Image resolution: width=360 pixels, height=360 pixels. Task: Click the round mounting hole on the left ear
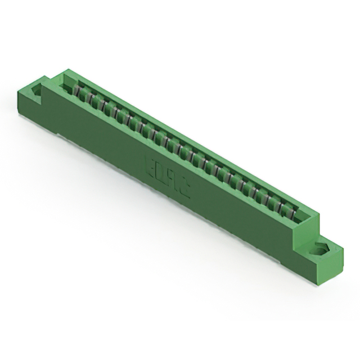[x=38, y=90]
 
